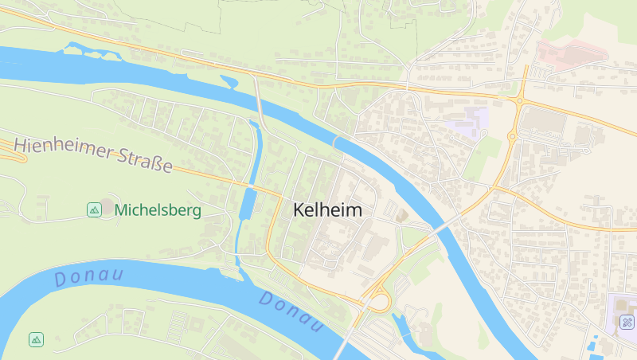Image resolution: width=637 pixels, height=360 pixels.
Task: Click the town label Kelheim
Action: [327, 211]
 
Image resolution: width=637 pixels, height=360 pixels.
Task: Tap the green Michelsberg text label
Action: [158, 210]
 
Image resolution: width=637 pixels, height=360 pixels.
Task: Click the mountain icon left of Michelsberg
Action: [94, 210]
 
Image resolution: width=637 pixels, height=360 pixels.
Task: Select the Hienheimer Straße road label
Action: [93, 155]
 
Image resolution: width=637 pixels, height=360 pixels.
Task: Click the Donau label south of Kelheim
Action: [291, 312]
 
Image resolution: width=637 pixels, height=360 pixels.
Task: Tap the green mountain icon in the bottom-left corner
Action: [36, 339]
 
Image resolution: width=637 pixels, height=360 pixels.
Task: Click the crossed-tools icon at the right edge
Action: [627, 323]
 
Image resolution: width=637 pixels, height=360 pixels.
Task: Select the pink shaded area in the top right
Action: [572, 53]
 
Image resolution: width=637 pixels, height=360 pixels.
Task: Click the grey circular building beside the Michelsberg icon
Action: [107, 207]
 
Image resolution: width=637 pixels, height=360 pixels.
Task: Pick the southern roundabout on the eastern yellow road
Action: [511, 137]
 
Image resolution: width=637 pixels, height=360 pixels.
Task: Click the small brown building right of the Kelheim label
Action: [401, 216]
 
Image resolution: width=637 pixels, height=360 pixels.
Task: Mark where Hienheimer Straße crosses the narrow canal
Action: [251, 186]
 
